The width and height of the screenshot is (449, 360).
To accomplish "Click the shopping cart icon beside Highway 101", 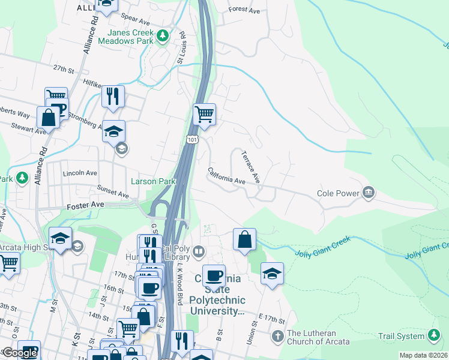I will (204, 113).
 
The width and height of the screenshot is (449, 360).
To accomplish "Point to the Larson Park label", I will (153, 181).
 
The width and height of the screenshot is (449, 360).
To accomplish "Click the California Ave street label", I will (227, 176).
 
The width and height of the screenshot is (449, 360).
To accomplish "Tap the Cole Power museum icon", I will (368, 193).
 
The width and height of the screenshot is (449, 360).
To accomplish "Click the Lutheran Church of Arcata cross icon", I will (277, 336).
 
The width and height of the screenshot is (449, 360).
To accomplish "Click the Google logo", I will (20, 353).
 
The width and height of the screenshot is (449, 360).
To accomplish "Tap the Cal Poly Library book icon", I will (197, 251).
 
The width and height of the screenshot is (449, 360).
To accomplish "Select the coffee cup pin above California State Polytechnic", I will (213, 276).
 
